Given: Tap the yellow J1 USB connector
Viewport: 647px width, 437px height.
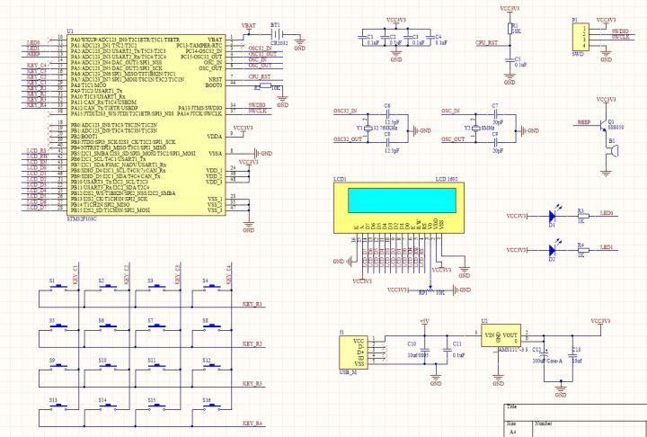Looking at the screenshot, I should (356, 353).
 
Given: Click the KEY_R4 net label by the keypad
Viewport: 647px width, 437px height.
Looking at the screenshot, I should (253, 423).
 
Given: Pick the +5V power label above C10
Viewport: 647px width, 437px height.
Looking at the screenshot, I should (425, 321).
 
